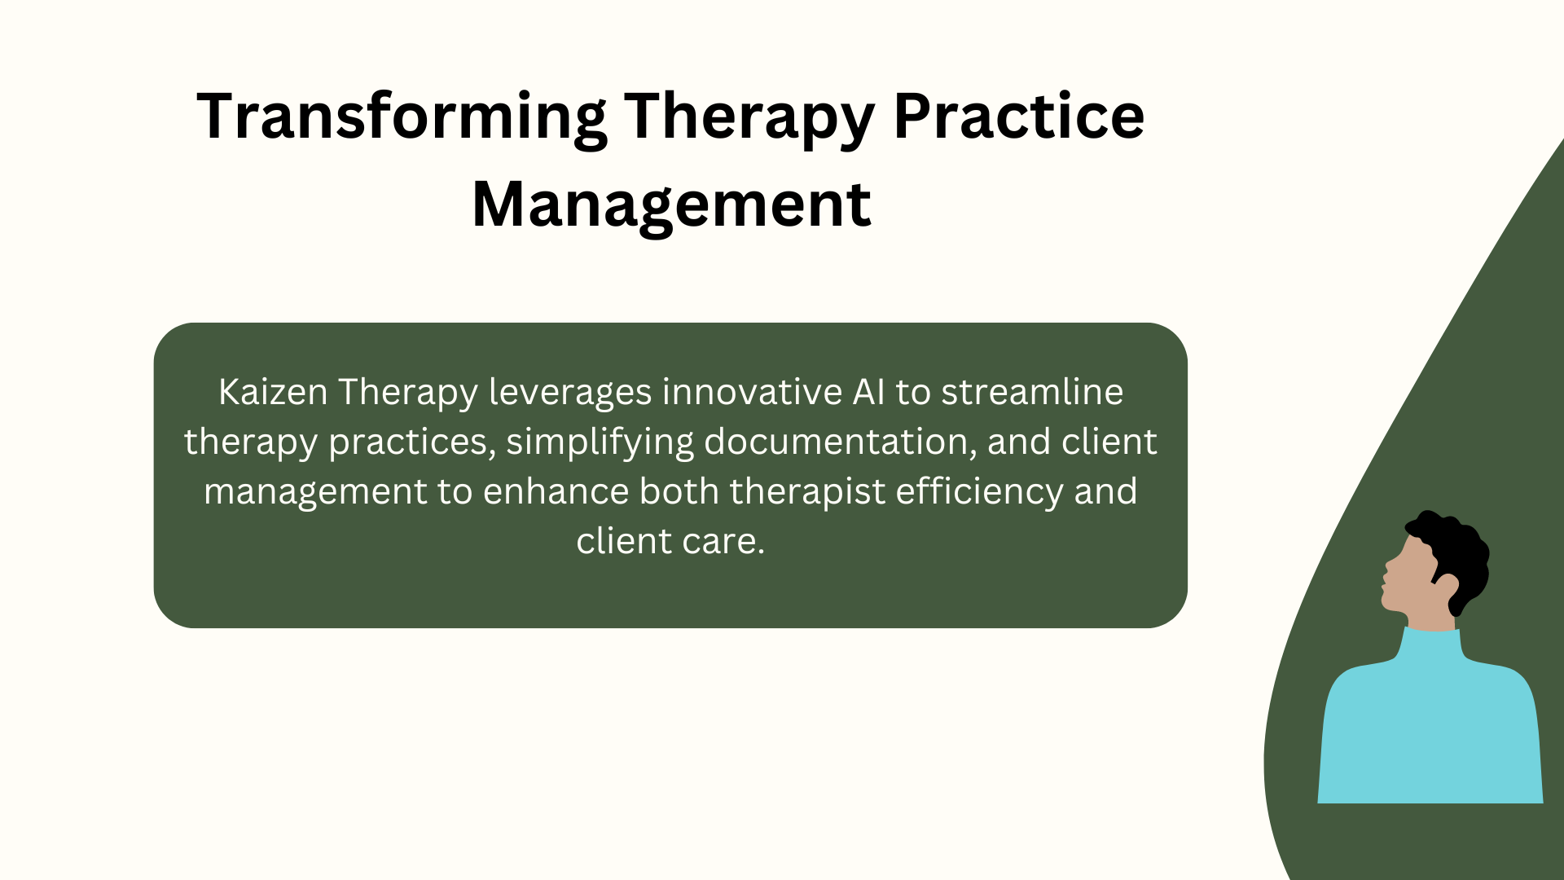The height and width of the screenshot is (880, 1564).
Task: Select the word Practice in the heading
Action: pos(1019,116)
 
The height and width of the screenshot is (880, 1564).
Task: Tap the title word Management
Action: pos(671,206)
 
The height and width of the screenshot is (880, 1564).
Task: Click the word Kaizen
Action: pos(273,392)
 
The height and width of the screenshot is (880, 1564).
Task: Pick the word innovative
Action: pos(752,392)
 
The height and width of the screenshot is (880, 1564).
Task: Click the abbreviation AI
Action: pos(868,392)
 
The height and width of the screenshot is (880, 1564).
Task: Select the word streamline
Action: pos(1032,392)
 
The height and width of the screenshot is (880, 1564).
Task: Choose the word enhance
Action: pos(556,491)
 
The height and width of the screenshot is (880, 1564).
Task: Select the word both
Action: pos(679,491)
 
